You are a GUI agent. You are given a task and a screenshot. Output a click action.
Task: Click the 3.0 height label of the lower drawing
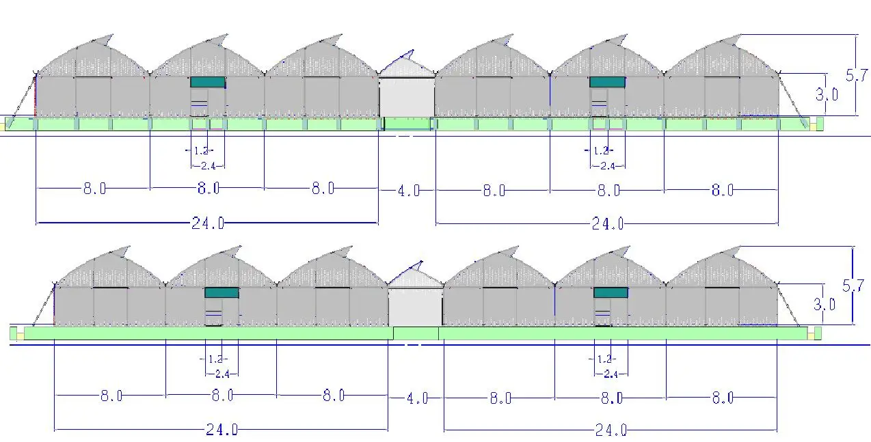[x=825, y=305]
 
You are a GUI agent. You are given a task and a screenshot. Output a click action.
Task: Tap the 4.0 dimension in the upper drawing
[x=408, y=191]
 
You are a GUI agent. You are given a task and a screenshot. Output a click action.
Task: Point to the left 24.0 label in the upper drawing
[x=207, y=223]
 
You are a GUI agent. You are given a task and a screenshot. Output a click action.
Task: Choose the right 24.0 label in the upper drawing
[x=607, y=223]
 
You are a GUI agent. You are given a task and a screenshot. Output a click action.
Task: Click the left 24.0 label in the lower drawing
[x=222, y=430]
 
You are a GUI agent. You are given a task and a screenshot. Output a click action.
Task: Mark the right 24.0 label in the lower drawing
[x=611, y=430]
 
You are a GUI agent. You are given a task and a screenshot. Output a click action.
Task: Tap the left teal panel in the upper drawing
[x=207, y=82]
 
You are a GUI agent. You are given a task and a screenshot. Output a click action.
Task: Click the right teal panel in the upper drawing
[x=607, y=82]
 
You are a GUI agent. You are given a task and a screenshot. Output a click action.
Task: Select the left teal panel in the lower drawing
[x=222, y=292]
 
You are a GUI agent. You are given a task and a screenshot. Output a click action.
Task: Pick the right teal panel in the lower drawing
[x=611, y=292]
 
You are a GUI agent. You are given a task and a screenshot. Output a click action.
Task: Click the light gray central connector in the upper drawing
[x=407, y=96]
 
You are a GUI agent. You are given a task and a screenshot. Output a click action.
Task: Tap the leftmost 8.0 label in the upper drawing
[x=94, y=189]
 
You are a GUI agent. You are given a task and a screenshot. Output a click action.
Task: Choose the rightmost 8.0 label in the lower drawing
[x=722, y=398]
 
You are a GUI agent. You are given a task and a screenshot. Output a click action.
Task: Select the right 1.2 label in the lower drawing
[x=604, y=359]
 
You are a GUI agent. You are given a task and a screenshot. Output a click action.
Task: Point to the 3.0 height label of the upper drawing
[x=827, y=95]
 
